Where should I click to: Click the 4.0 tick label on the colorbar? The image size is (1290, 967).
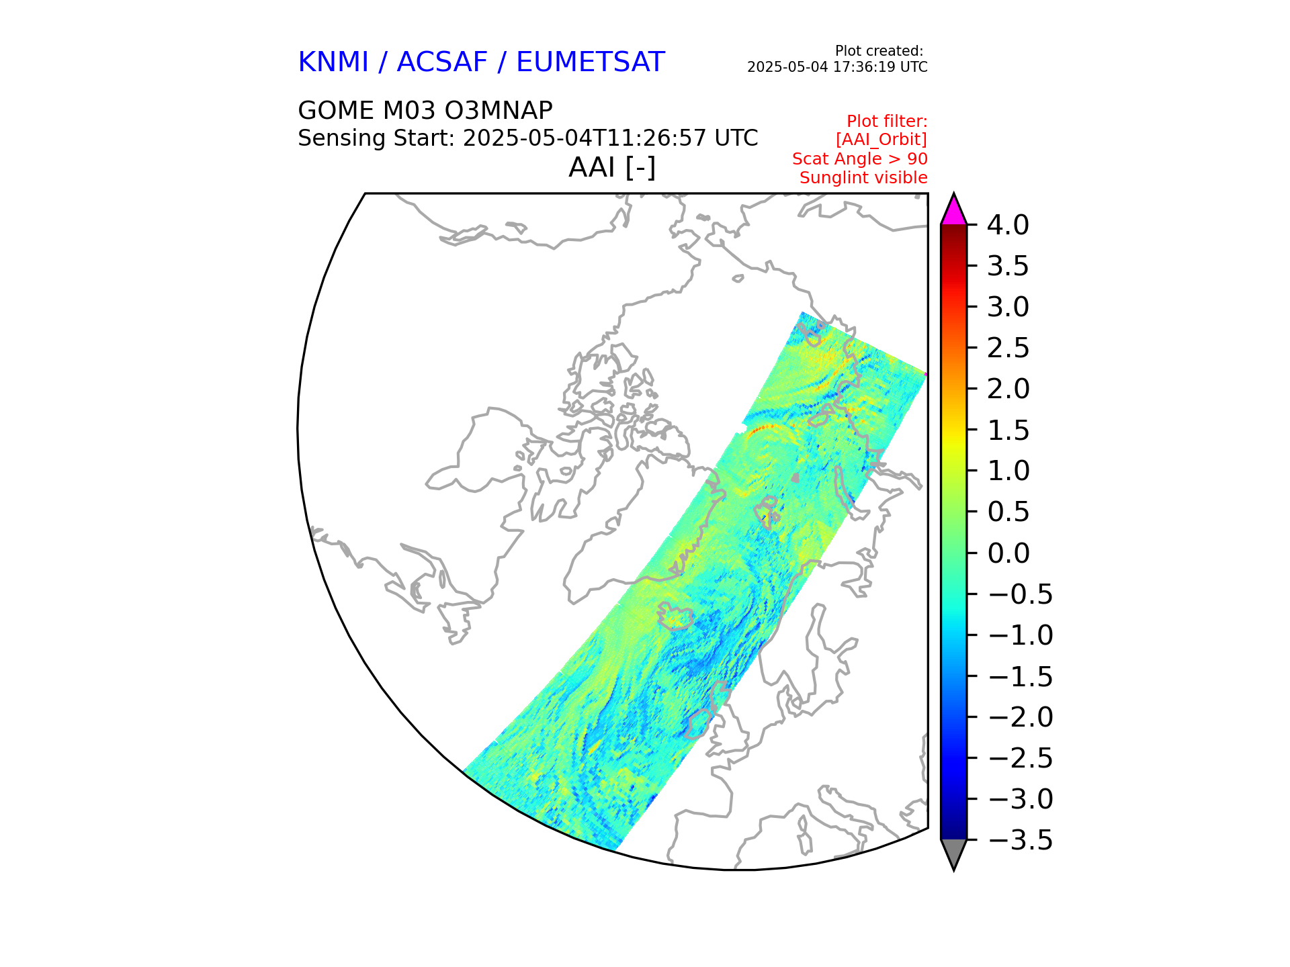coord(1007,225)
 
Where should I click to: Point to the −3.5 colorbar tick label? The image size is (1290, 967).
coord(1021,840)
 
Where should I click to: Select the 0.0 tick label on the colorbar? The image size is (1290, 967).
coord(1008,553)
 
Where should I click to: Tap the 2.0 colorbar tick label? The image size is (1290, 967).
coord(1008,389)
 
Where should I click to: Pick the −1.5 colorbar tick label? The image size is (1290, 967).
coord(1021,676)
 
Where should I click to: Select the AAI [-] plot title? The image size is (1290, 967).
coord(611,167)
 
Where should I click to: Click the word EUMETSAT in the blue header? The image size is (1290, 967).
coord(590,62)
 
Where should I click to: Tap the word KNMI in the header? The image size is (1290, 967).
coord(333,62)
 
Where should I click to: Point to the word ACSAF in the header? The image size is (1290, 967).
coord(441,62)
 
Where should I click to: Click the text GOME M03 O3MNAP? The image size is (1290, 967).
coord(425,110)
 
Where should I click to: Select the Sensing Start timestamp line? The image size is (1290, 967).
coord(527,138)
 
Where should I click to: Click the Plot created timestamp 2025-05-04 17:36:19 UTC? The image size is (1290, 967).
coord(837,67)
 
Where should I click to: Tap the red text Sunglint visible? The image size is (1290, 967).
coord(863,178)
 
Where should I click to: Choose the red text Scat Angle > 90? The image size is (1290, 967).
coord(859,159)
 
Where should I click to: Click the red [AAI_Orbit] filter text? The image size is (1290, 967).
coord(881,140)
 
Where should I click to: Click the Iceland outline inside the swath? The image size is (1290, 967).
coord(677,616)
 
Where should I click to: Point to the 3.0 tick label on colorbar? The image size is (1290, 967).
coord(1008,307)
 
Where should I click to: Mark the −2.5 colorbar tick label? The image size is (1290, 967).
coord(1021,758)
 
